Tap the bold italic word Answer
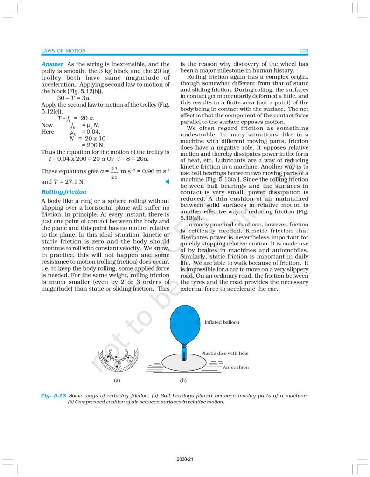(x=53, y=64)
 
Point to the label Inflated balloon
(x=222, y=322)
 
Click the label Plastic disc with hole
(x=224, y=354)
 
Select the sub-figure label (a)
(x=117, y=381)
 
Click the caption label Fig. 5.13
(x=52, y=395)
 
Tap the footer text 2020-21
(x=185, y=459)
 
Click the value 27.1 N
(x=71, y=182)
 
